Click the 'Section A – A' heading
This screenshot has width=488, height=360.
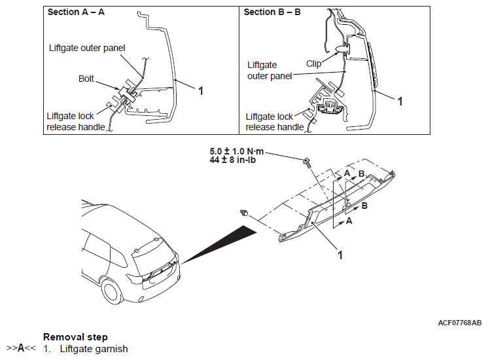coord(76,12)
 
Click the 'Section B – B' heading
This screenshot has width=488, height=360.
coord(272,12)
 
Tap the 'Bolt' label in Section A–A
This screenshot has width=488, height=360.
coord(86,79)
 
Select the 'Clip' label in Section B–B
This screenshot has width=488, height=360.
coord(313,63)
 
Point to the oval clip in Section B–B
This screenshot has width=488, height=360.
coord(342,48)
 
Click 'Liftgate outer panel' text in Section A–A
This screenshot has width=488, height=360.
coord(87,48)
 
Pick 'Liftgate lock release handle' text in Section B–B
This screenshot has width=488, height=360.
coord(275,122)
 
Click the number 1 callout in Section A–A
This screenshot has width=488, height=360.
coord(201,91)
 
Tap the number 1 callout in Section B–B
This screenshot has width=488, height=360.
coord(400,101)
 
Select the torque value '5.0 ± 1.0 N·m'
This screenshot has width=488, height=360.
coord(237,151)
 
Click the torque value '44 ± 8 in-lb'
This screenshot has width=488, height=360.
coord(232,160)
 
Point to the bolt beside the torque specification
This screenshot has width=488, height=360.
coord(307,162)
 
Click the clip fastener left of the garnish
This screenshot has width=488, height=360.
coord(245,213)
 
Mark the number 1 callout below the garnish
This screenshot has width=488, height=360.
coord(340,255)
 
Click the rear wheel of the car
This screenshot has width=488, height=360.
coord(112,291)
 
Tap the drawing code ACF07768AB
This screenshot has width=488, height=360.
coord(459,323)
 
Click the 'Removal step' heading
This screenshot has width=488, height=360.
coord(75,337)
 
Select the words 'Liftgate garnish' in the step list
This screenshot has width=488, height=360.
coord(94,349)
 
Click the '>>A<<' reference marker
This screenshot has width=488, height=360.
coord(21,348)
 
